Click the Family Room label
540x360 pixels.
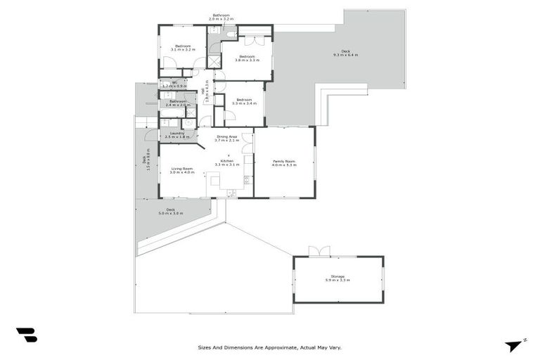pyautogui.click(x=284, y=163)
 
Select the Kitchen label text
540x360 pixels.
pyautogui.click(x=226, y=162)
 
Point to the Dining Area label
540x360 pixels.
pyautogui.click(x=226, y=139)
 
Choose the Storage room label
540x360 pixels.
pyautogui.click(x=337, y=278)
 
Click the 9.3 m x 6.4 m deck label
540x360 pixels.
pyautogui.click(x=345, y=53)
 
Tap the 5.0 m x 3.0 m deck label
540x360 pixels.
pyautogui.click(x=171, y=211)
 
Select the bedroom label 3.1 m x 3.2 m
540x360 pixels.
pyautogui.click(x=182, y=48)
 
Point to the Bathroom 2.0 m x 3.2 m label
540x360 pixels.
pyautogui.click(x=221, y=17)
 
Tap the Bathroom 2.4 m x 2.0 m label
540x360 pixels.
pyautogui.click(x=176, y=103)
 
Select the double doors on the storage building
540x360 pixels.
pyautogui.click(x=319, y=251)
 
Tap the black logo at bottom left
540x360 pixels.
pyautogui.click(x=26, y=335)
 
